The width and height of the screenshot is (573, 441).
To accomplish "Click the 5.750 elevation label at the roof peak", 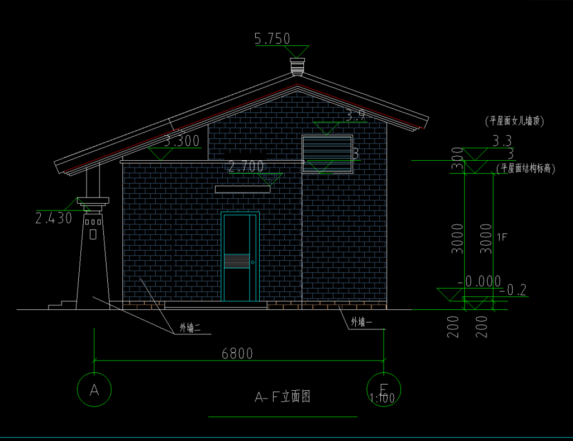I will click(x=272, y=39).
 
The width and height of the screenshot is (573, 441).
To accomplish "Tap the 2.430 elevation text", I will click(x=54, y=218).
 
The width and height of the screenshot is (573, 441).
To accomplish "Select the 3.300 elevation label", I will click(x=182, y=141).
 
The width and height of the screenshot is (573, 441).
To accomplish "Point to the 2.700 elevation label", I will click(x=246, y=166).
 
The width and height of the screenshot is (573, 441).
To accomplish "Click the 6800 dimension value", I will click(x=237, y=353).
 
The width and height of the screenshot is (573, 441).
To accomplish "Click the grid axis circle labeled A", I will click(x=94, y=390).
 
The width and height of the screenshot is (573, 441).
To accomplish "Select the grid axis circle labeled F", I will click(x=384, y=389).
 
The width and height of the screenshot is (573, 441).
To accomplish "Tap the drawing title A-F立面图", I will click(x=283, y=397).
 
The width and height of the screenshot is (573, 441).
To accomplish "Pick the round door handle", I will click(x=253, y=262).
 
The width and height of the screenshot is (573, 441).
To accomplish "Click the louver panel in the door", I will click(x=237, y=261).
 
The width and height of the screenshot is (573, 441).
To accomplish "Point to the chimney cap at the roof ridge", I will click(x=298, y=65).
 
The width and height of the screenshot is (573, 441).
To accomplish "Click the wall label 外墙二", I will click(x=190, y=328).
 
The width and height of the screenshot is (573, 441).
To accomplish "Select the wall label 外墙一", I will click(x=361, y=322).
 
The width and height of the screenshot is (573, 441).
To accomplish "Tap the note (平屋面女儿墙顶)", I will click(x=514, y=121).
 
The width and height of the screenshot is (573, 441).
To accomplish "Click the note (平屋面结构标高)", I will click(x=526, y=169).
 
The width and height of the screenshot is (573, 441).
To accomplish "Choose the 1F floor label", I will click(x=502, y=237).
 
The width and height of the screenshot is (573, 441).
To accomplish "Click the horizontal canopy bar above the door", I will click(x=242, y=189).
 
